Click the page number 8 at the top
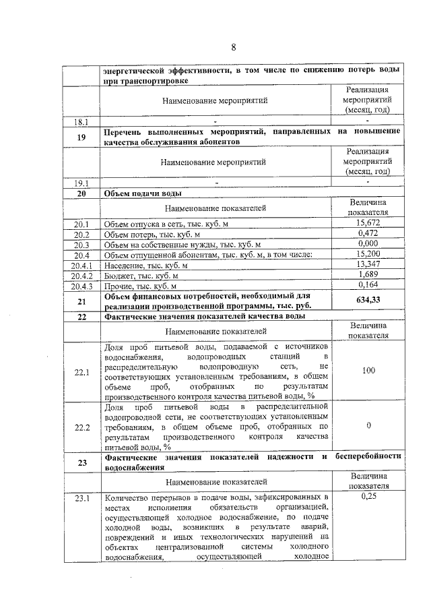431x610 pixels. (x=234, y=47)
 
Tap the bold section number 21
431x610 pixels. (x=81, y=301)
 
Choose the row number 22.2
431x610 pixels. (x=81, y=427)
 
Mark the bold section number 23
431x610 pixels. (x=81, y=462)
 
